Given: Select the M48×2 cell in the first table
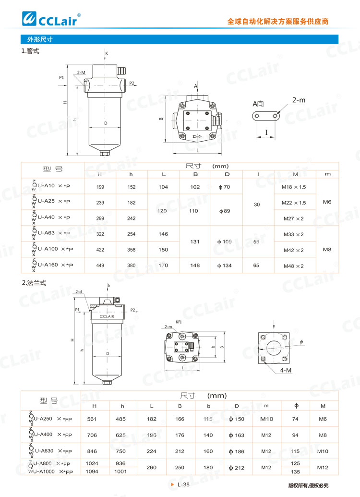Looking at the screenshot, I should [293, 266].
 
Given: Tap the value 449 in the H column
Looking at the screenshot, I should [100, 266].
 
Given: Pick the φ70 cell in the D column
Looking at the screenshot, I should [224, 186].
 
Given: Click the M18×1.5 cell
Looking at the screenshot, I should [293, 186].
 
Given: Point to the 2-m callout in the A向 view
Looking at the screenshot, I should [298, 100].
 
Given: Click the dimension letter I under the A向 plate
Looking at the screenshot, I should [266, 133].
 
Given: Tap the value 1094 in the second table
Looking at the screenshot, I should [92, 472].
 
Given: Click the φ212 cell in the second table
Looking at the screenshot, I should [237, 468].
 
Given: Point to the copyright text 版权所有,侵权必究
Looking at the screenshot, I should [308, 485].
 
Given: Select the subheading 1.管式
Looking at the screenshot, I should [30, 51].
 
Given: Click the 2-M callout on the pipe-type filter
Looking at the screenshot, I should [81, 73].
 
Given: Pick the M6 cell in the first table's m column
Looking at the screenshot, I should [327, 202].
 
